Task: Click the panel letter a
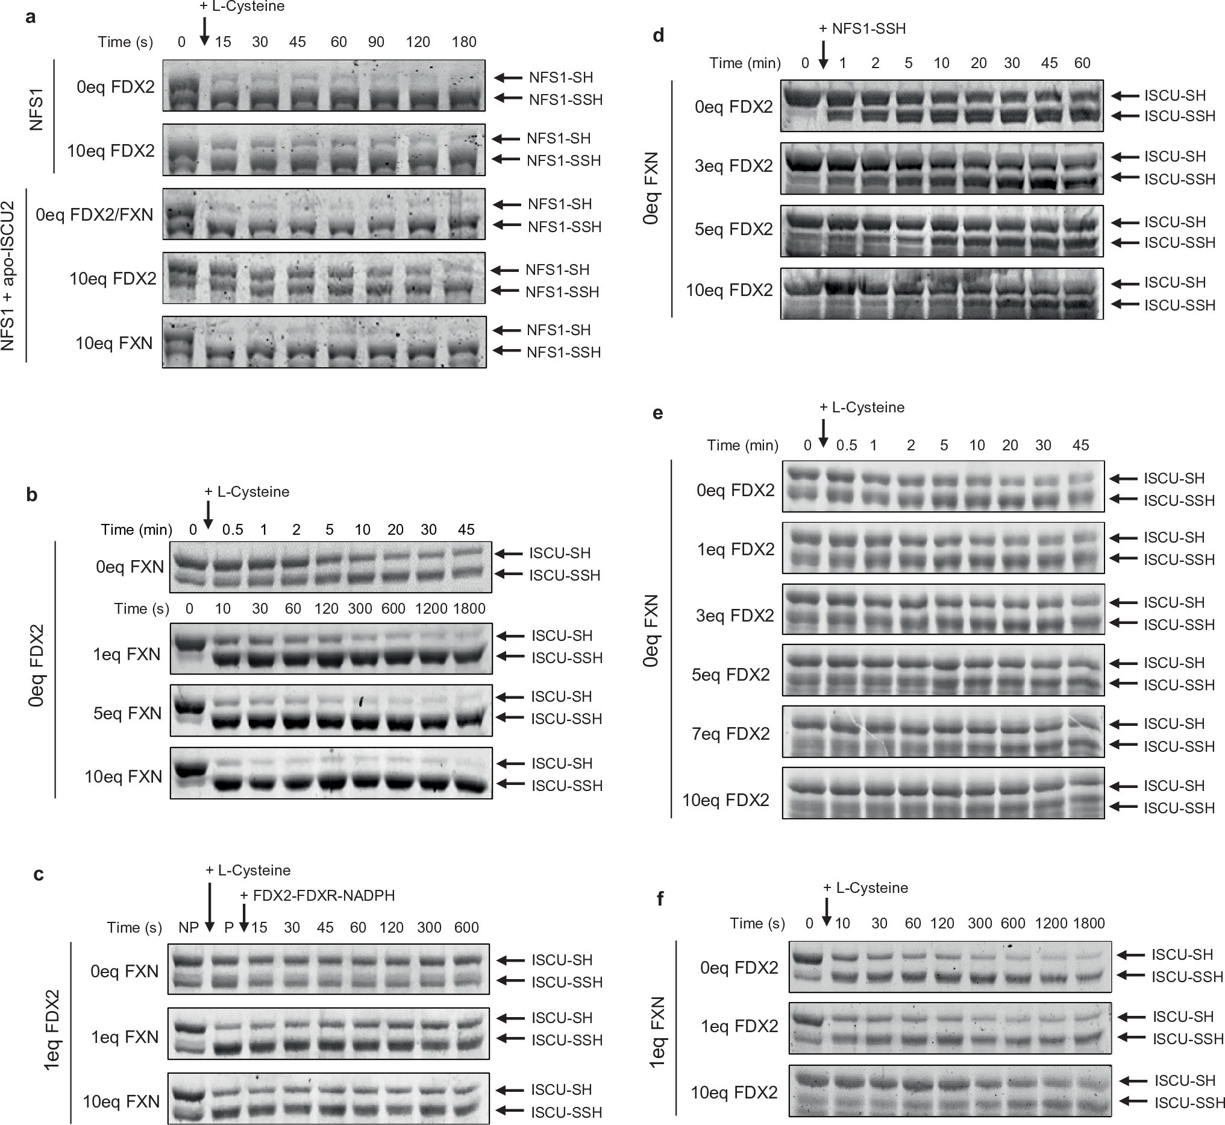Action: pyautogui.click(x=30, y=17)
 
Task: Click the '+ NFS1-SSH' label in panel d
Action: pyautogui.click(x=862, y=28)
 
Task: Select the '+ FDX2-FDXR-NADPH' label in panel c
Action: pyautogui.click(x=317, y=895)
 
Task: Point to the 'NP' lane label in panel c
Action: pyautogui.click(x=189, y=928)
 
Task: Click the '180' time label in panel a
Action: pyautogui.click(x=464, y=42)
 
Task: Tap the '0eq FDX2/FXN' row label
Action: pyautogui.click(x=95, y=215)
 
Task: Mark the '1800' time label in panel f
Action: pyautogui.click(x=1089, y=924)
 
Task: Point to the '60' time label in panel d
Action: pyautogui.click(x=1082, y=63)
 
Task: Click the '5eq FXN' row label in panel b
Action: pyautogui.click(x=128, y=713)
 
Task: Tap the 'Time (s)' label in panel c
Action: pyautogui.click(x=134, y=928)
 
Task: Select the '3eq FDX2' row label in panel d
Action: pyautogui.click(x=734, y=166)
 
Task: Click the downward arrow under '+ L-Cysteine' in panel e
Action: pyautogui.click(x=822, y=432)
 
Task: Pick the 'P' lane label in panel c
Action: pyautogui.click(x=229, y=928)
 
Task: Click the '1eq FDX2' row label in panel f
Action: pyautogui.click(x=739, y=1027)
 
